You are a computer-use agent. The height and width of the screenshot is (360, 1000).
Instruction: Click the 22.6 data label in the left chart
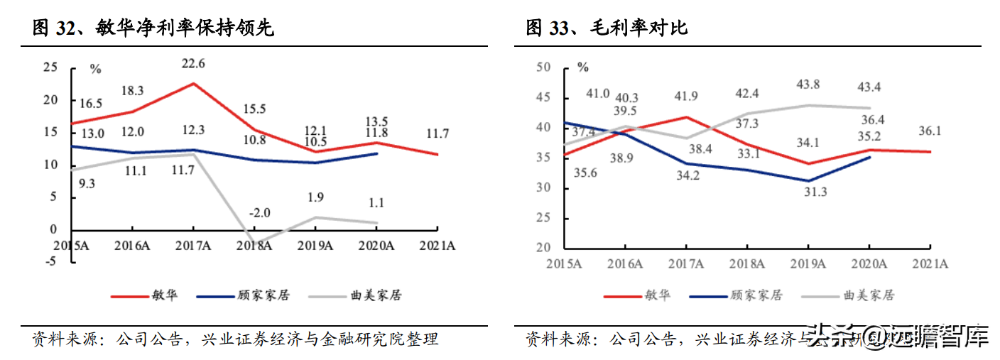point(192,63)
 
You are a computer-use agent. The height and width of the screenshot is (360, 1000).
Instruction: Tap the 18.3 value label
point(132,90)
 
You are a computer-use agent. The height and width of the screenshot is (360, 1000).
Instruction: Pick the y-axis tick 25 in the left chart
point(50,67)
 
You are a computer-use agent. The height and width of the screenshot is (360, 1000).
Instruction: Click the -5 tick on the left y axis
point(52,261)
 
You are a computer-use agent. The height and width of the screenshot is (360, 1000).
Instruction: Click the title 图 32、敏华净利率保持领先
point(153,28)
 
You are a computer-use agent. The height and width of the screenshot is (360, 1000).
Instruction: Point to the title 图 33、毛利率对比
point(607,28)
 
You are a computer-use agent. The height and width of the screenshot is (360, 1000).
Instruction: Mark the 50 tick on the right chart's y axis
point(544,67)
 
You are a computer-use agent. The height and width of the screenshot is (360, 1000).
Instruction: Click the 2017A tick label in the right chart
point(687,263)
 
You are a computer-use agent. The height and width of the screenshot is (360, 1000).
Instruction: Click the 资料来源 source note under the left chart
point(234,339)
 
